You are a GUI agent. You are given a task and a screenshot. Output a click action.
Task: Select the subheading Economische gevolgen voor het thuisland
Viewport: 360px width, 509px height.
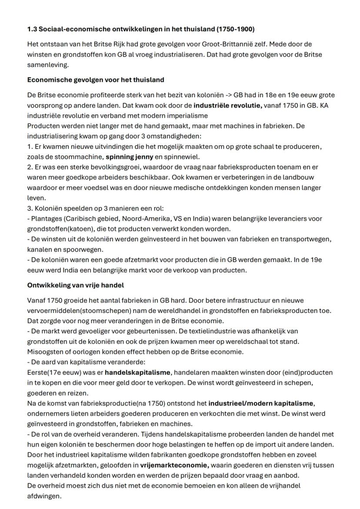[x=96, y=80]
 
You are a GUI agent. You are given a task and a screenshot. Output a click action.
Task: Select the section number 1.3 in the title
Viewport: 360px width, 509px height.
[x=32, y=30]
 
